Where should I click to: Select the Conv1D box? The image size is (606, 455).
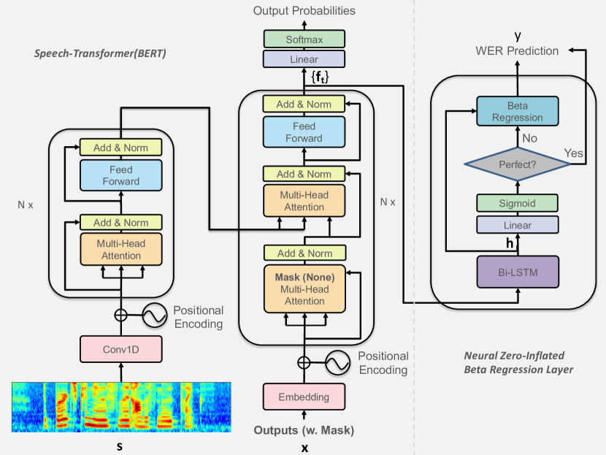pos(121,349)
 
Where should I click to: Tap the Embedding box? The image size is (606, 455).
pos(304,397)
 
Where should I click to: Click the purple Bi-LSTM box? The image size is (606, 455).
pos(518,272)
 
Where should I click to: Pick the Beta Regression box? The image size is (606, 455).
pos(518,112)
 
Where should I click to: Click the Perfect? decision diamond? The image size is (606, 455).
pos(518,164)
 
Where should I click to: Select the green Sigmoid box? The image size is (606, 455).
pos(518,202)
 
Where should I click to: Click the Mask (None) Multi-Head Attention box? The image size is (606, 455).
pos(304,289)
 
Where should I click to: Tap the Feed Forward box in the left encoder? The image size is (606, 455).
pos(121,175)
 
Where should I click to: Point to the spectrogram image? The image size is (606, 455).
pos(121,408)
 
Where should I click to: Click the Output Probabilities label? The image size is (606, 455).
pos(304,11)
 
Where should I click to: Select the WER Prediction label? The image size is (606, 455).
pos(517,51)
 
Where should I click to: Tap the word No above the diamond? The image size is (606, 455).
pos(529,137)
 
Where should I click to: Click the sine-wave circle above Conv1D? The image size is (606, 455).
pos(155,316)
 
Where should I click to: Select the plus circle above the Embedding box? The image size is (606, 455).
pos(304,362)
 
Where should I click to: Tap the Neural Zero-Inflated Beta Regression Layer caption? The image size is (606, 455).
pos(518,362)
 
